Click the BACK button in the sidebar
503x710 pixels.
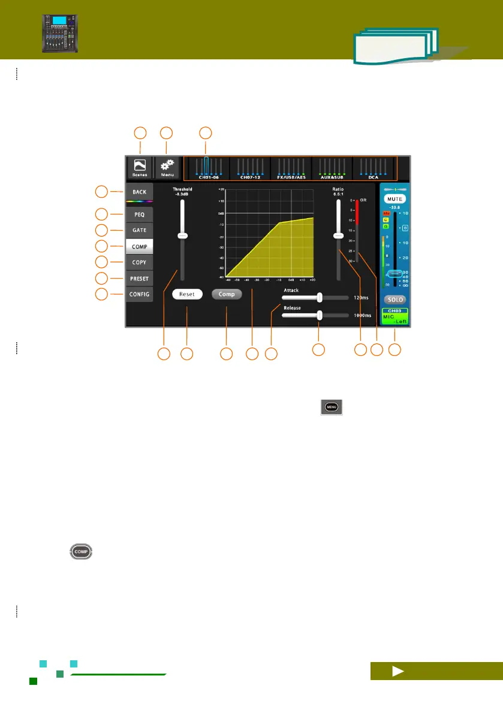(x=139, y=192)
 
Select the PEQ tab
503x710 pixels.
(x=139, y=214)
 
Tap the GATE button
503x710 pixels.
(x=139, y=230)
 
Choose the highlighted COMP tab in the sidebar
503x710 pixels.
(x=139, y=246)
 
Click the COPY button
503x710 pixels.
(x=139, y=262)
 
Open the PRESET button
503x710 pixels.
(x=139, y=279)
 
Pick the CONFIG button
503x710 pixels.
(x=139, y=294)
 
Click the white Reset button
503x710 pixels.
(x=187, y=294)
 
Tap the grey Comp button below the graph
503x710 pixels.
(x=227, y=294)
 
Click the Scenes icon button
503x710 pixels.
(x=140, y=168)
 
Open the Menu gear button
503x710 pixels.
(x=167, y=168)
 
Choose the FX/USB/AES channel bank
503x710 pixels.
(x=291, y=168)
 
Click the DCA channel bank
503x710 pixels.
(x=374, y=168)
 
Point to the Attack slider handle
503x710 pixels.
(x=320, y=297)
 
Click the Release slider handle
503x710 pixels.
(x=320, y=315)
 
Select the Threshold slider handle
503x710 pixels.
(x=183, y=236)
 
